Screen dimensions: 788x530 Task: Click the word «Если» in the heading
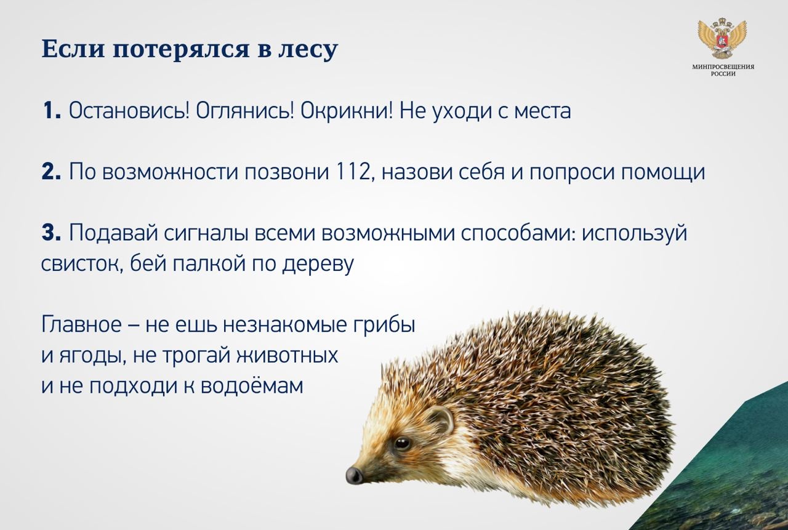pos(73,49)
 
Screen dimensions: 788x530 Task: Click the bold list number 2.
pos(51,172)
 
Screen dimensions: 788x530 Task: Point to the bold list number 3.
pos(51,233)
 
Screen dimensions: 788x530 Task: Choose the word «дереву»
pos(318,264)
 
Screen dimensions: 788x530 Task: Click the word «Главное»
pos(81,324)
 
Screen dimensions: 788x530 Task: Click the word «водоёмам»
pos(252,385)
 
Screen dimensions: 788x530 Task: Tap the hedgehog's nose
pos(353,475)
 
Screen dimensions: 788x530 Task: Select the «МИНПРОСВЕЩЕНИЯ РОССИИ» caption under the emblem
pos(723,70)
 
